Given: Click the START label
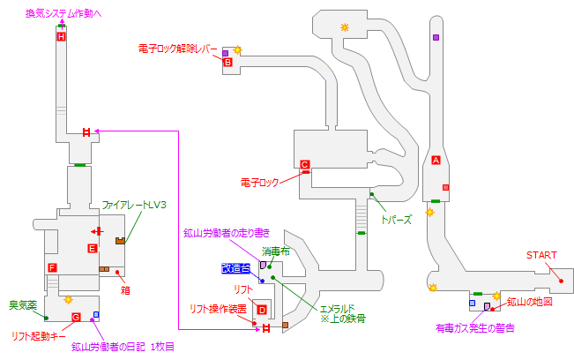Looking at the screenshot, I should tap(541, 255).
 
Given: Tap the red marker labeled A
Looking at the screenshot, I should tap(436, 160).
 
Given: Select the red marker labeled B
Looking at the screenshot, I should tap(227, 63).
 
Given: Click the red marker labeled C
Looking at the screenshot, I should tap(303, 164).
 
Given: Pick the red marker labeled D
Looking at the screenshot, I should tap(261, 309).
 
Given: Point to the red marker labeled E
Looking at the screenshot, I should tap(91, 249).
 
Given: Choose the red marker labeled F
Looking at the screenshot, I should tap(53, 267).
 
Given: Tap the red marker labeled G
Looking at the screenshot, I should tap(76, 317).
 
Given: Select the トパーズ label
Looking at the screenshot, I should tap(396, 219).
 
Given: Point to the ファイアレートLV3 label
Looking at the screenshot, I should tap(134, 205).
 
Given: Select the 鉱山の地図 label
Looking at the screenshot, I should tap(529, 302).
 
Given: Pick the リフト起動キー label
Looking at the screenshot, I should tap(40, 335).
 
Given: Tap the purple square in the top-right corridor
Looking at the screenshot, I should tap(436, 37).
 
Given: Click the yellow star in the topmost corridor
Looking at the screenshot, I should tap(345, 28).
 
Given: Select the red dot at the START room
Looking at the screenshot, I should tap(561, 279).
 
